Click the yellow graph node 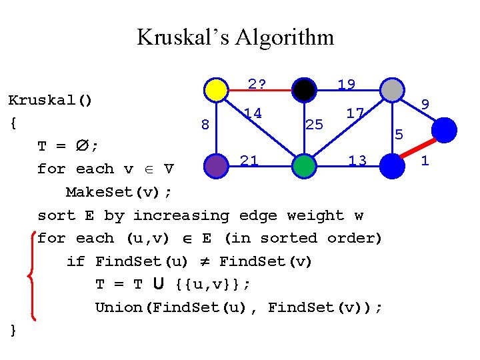tap(216, 89)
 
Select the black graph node tap(304, 89)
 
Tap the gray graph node tap(392, 89)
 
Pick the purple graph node tap(216, 166)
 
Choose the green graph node tap(304, 166)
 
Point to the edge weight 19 tap(346, 85)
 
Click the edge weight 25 tap(314, 124)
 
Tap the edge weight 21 tap(249, 160)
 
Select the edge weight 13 tap(357, 160)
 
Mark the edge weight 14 tap(252, 113)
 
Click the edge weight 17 tap(355, 113)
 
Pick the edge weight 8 tap(205, 124)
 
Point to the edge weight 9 tap(425, 104)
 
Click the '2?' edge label tap(257, 84)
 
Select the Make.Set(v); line tap(119, 192)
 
